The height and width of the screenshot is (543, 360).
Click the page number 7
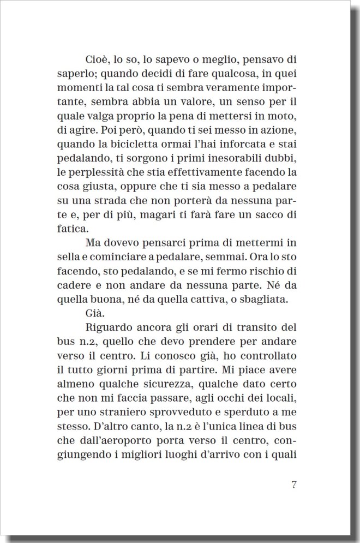click(293, 485)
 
